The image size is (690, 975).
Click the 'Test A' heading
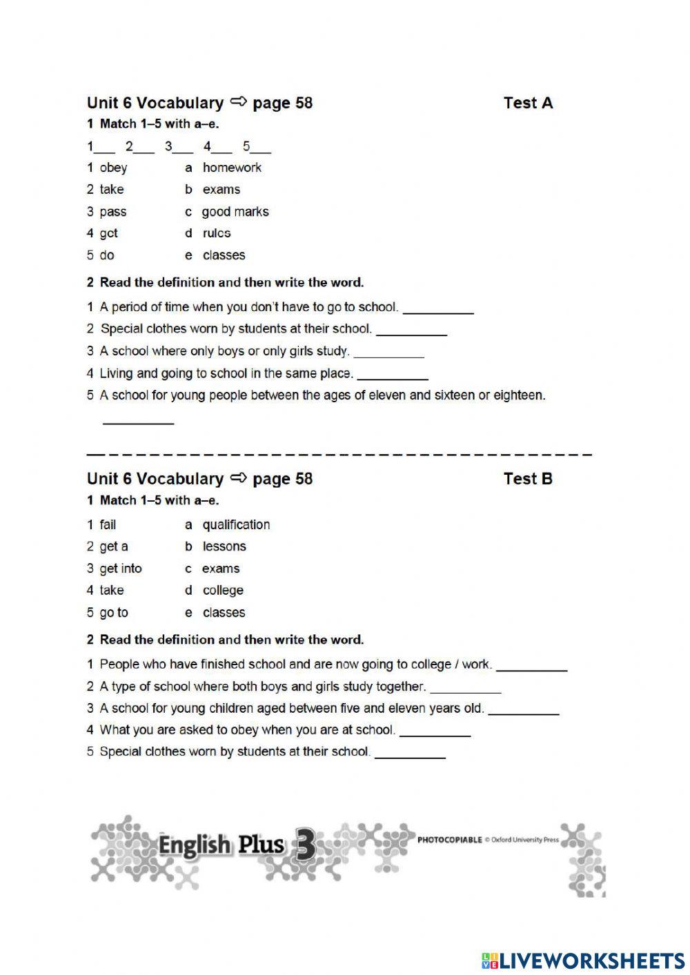pos(528,103)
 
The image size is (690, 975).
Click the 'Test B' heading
pos(528,479)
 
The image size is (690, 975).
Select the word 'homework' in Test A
pos(232,168)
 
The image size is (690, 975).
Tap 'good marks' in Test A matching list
pos(235,212)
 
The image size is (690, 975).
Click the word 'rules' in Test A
pos(217,233)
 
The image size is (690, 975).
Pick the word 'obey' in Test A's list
pos(113,168)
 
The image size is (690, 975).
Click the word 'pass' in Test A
pos(113,212)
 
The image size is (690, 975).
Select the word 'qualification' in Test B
pos(236,525)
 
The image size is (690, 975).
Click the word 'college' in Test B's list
pos(223,591)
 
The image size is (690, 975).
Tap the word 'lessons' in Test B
pos(224,546)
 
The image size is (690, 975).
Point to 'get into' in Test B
pos(121,569)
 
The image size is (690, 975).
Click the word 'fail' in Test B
pos(108,525)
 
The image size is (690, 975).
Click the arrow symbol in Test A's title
pos(238,102)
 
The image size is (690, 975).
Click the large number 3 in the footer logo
pos(304,845)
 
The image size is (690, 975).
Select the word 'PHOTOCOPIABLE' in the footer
pos(449,840)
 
